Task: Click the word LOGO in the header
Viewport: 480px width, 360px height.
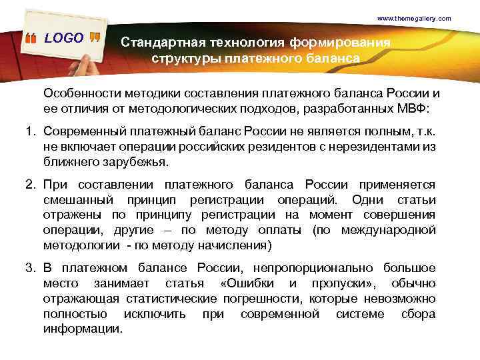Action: click(64, 38)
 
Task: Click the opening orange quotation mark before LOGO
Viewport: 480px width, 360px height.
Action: click(32, 39)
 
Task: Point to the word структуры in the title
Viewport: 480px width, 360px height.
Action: click(181, 59)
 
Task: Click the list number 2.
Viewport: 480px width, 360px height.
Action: click(30, 185)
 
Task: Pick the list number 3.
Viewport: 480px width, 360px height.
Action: click(30, 268)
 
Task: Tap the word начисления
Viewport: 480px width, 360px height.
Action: click(235, 245)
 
